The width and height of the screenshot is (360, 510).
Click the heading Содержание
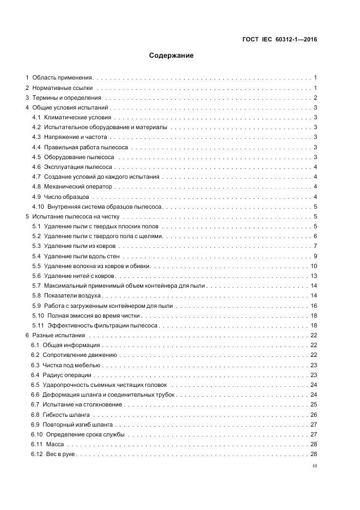(x=172, y=56)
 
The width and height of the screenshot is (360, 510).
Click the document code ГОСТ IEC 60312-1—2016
(x=280, y=39)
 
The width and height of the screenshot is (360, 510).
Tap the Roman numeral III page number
(x=314, y=466)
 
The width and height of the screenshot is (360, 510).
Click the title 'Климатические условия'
(x=78, y=118)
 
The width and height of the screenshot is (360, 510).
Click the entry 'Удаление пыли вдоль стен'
(x=82, y=256)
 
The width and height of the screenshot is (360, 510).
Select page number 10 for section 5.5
(x=314, y=266)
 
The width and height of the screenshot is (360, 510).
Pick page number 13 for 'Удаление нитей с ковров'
(x=314, y=276)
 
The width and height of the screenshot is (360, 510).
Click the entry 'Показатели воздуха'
(x=74, y=295)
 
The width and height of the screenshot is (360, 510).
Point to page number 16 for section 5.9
(x=314, y=306)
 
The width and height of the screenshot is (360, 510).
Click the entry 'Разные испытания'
(x=59, y=335)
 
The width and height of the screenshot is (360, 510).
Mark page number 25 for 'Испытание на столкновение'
(x=314, y=404)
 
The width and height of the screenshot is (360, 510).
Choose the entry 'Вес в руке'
(x=60, y=454)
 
